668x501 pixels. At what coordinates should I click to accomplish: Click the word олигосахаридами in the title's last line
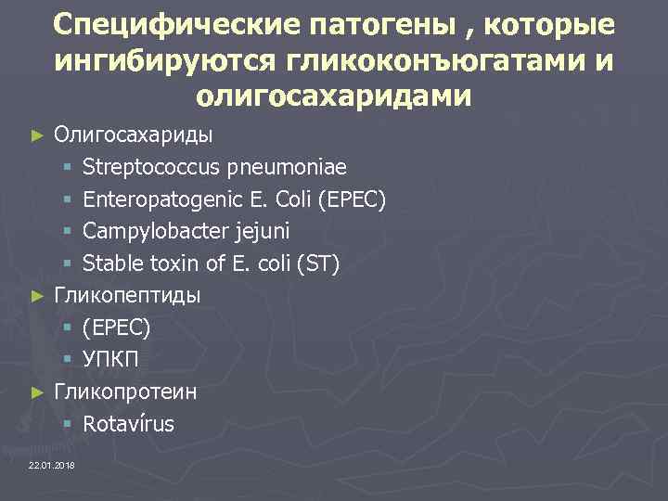[x=334, y=96]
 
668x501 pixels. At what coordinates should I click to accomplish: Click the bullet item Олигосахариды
[x=133, y=135]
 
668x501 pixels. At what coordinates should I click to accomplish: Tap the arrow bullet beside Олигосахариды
[x=37, y=135]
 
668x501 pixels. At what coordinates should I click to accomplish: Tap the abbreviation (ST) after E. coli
[x=318, y=264]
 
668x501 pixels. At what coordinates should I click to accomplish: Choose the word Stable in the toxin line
[x=109, y=264]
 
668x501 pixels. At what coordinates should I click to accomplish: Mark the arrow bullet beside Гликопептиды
[x=37, y=297]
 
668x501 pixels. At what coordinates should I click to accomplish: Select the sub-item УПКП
[x=110, y=360]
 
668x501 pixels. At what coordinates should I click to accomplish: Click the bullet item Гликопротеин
[x=125, y=392]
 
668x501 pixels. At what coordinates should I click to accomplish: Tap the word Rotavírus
[x=128, y=424]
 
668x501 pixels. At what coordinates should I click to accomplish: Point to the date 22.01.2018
[x=53, y=464]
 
